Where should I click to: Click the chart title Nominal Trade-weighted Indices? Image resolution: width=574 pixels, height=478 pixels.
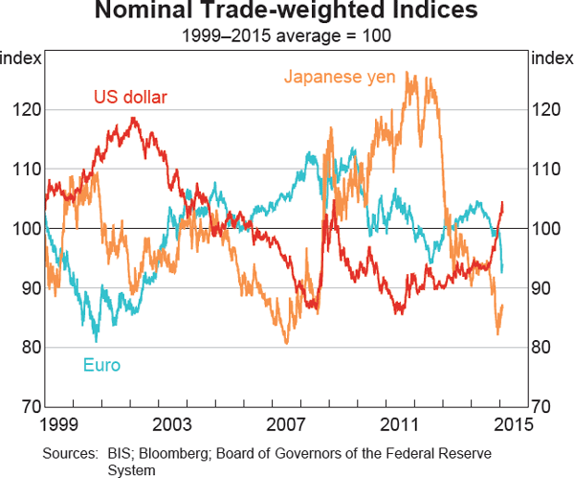coord(287,13)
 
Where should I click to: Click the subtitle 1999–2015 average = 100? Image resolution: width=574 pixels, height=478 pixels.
coord(287,36)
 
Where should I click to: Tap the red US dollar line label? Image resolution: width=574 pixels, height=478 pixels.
coord(129,96)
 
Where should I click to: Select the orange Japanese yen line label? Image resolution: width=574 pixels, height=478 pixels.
coord(340,77)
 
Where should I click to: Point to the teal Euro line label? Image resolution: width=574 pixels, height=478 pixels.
coord(101,365)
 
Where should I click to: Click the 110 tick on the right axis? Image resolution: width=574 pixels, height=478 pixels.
coord(544,170)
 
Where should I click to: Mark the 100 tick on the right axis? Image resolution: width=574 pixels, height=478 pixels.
coord(544,229)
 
